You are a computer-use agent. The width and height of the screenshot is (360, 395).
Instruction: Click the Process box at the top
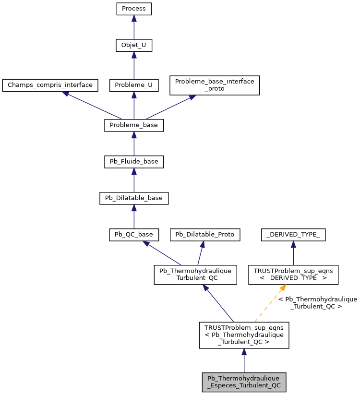coord(134,9)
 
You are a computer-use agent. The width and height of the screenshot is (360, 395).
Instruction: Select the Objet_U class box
coord(134,46)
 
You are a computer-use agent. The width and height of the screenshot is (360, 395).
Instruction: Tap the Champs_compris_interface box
coord(50,85)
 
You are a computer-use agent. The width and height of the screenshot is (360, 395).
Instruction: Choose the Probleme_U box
coord(134,85)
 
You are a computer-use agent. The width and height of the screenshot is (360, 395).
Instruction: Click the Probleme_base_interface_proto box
coord(215,85)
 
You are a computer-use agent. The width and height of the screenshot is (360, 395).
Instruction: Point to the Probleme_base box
coord(134,125)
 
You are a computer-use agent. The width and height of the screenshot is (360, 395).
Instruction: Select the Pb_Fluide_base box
coord(134,162)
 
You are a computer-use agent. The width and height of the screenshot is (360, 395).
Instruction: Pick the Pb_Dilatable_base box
coord(134,198)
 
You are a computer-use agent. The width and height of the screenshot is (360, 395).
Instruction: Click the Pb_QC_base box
coord(134,234)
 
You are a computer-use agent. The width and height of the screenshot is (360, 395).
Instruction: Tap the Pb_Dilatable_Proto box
coord(205,234)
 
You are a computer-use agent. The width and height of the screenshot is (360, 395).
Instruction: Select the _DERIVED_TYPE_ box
coord(293,234)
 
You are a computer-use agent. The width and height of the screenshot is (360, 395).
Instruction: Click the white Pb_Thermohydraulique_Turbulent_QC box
coord(195,275)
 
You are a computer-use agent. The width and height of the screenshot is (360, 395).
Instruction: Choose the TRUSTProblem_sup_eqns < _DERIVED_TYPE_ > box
coord(293,275)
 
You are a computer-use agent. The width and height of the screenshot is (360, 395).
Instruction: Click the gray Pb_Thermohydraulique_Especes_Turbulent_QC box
coord(244,382)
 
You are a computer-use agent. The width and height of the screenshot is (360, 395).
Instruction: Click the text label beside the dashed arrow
coord(317,302)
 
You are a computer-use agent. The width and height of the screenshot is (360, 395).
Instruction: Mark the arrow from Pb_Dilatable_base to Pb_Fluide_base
coord(134,180)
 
